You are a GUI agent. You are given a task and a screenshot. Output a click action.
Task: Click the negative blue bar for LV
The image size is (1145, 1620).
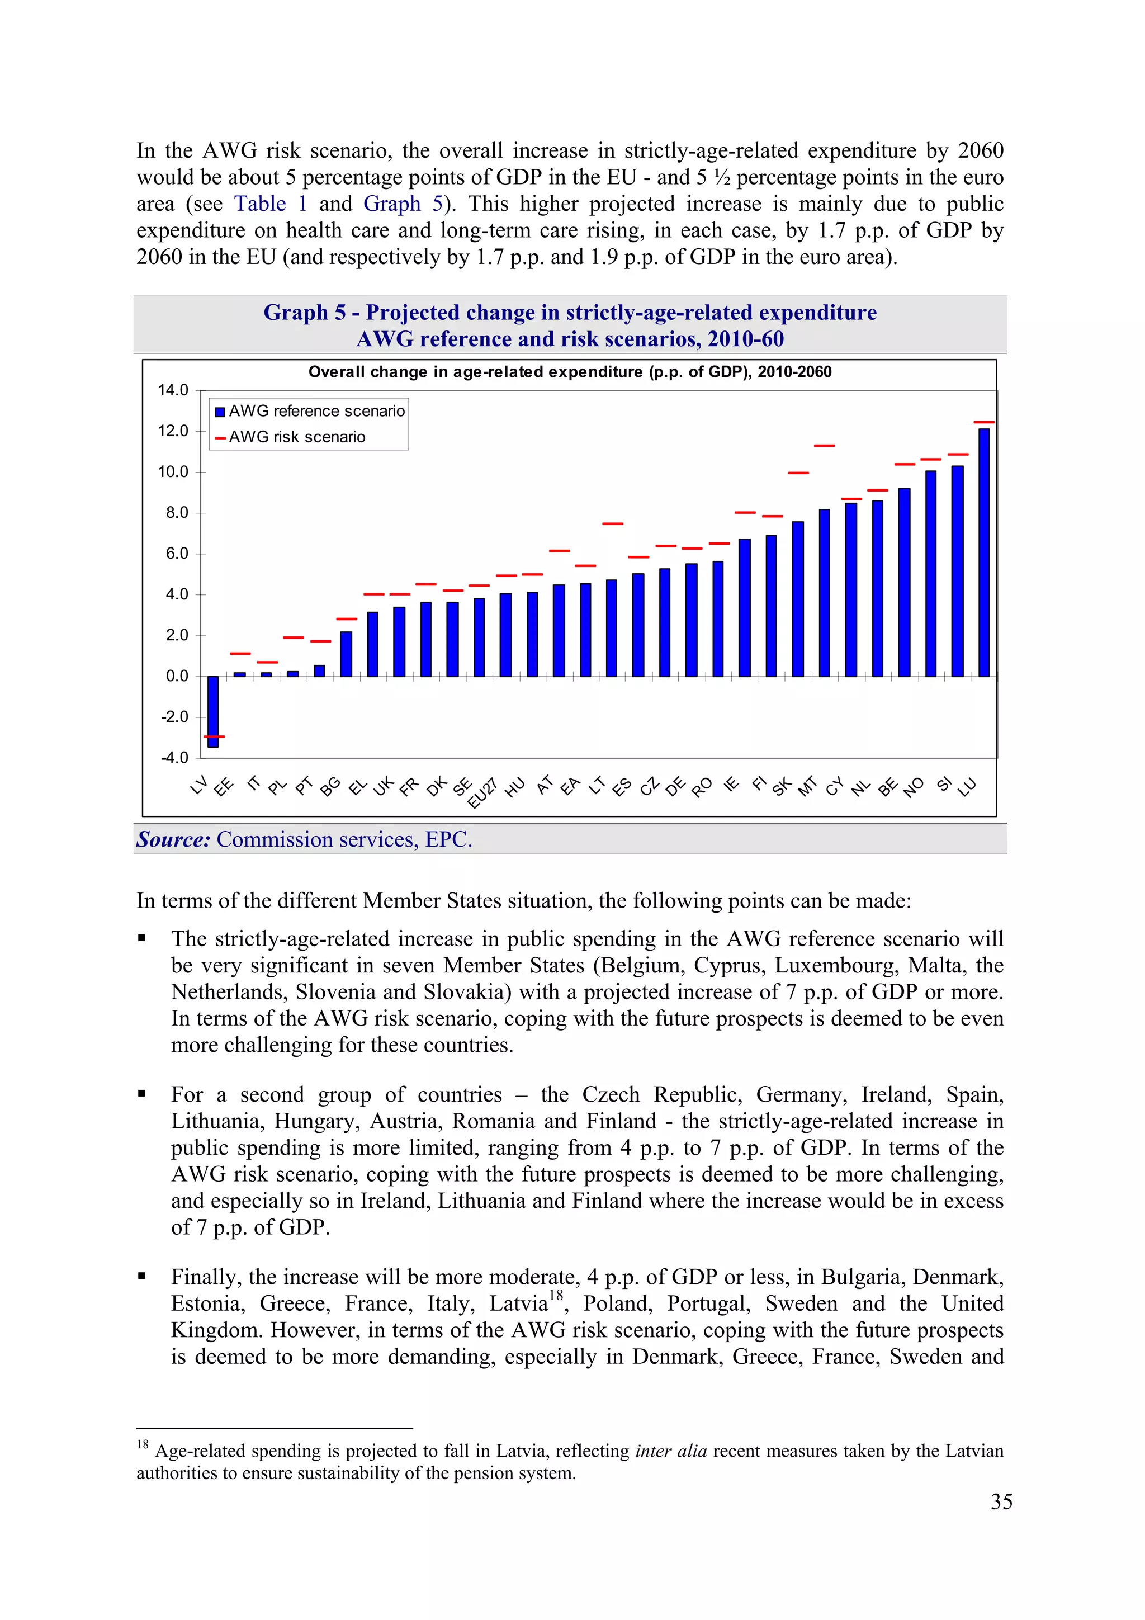[213, 711]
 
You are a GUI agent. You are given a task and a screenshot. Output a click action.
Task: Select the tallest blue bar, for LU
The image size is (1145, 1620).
[983, 552]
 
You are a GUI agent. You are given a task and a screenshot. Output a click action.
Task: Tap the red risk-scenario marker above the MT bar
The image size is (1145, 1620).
[824, 446]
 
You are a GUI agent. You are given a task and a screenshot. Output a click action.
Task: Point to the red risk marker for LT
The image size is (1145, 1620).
[612, 523]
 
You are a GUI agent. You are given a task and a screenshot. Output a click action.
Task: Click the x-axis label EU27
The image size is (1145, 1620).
[482, 794]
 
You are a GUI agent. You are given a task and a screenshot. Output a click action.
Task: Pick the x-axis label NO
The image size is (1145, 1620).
[913, 787]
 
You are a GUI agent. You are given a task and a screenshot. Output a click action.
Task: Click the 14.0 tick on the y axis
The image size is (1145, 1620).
[173, 390]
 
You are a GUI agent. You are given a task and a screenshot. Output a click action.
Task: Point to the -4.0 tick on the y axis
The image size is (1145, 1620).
[174, 758]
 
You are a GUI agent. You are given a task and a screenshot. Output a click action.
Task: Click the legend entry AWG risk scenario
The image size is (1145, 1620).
[296, 437]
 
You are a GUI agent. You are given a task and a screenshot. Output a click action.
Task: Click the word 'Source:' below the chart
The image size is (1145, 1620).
[173, 839]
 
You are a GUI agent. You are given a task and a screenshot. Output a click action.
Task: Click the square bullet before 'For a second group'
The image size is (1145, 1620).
[142, 1094]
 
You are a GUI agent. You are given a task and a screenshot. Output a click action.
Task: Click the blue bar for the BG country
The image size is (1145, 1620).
[346, 654]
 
